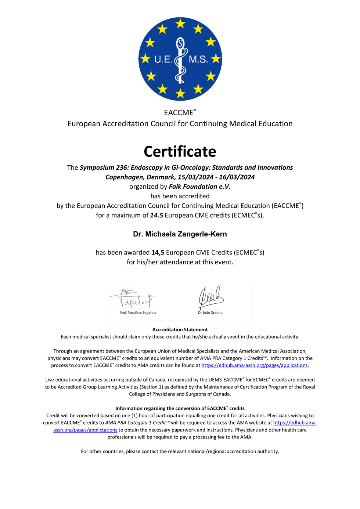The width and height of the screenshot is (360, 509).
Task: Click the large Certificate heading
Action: tap(180, 152)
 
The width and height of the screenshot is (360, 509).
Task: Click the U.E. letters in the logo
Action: tap(163, 59)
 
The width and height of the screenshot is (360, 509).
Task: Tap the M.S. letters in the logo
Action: tap(198, 59)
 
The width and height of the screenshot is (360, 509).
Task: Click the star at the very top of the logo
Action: tap(180, 24)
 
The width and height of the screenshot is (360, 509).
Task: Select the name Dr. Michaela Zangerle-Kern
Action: tap(180, 234)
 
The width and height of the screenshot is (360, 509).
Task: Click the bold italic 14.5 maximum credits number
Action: tap(156, 216)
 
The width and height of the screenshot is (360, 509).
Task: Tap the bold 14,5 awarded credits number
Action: tap(158, 253)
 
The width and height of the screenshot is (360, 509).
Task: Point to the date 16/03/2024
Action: tap(237, 177)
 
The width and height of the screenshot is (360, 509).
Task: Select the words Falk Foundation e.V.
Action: tap(199, 187)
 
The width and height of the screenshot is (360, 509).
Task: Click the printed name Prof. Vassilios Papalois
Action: tap(138, 313)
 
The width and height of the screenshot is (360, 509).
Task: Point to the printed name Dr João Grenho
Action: tap(210, 313)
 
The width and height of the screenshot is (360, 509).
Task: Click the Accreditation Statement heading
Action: tap(180, 330)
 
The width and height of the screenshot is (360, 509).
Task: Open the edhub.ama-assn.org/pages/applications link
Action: tap(255, 365)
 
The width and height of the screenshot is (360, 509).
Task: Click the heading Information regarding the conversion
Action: tap(180, 408)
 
